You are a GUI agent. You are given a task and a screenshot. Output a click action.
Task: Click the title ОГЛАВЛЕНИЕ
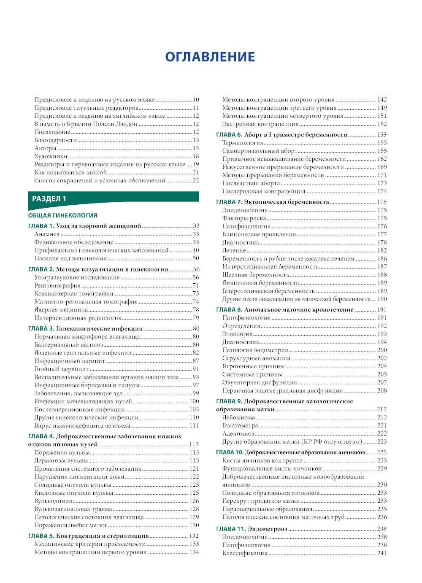[x=210, y=57]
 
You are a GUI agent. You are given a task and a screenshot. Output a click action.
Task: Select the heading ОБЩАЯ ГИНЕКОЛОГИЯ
[x=62, y=215]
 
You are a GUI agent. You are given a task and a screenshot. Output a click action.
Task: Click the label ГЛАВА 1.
[x=41, y=226]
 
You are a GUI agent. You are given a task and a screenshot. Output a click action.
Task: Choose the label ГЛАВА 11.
[x=230, y=529]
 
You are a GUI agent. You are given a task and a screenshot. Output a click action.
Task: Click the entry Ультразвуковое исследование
[x=77, y=277]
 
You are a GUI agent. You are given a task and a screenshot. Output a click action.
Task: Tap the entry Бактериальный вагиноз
[x=69, y=344]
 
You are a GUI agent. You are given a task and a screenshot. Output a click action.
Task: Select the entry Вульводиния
[x=53, y=501]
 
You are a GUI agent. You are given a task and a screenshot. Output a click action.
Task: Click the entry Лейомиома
[x=239, y=418]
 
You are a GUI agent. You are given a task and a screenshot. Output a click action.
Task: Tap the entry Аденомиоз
[x=238, y=434]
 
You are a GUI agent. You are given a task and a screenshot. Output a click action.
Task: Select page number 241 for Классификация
[x=381, y=553]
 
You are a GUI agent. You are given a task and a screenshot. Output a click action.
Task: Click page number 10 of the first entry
[x=196, y=100]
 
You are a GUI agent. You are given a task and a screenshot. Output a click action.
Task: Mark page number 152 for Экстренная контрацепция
[x=381, y=124]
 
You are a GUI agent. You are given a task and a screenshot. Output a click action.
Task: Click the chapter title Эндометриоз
[x=267, y=529]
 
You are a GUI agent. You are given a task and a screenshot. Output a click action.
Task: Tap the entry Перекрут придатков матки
[x=261, y=501]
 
